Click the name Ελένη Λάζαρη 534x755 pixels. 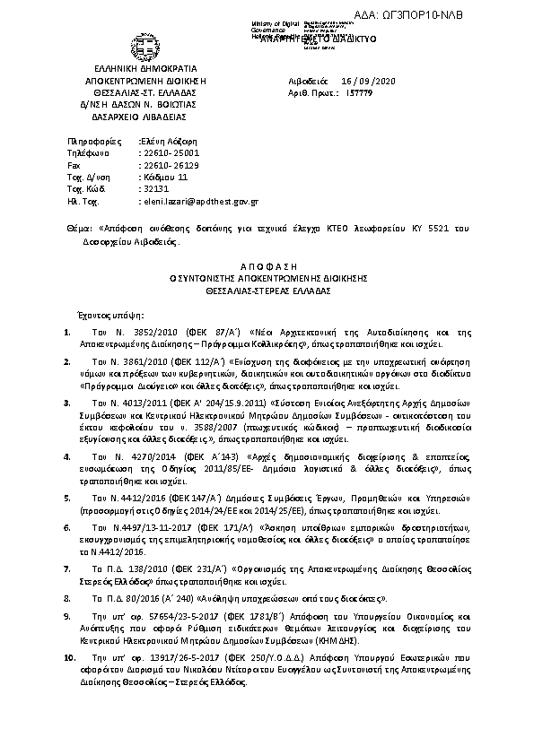click(168, 142)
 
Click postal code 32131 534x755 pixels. click(154, 190)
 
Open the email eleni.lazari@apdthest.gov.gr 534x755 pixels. click(200, 203)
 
